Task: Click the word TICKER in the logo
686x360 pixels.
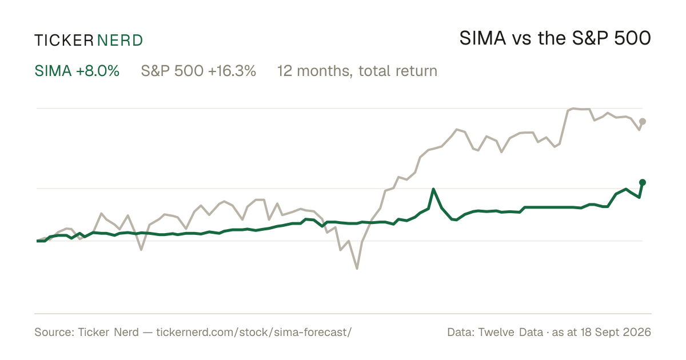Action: click(x=64, y=41)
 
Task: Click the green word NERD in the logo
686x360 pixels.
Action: click(x=120, y=41)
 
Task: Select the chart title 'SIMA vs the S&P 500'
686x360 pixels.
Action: click(x=555, y=38)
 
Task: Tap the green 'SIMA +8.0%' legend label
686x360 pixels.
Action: click(x=77, y=71)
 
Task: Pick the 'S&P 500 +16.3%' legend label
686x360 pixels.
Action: click(x=198, y=71)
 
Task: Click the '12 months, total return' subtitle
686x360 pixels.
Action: click(x=357, y=71)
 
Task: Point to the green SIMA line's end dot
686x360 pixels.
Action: click(x=643, y=182)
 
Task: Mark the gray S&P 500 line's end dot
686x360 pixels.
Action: click(x=643, y=122)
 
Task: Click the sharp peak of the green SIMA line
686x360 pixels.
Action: click(x=433, y=189)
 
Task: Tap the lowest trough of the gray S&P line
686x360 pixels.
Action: click(x=357, y=269)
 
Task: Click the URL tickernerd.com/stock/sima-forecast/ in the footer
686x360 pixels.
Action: click(x=254, y=332)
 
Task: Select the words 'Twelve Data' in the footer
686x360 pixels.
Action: click(x=510, y=332)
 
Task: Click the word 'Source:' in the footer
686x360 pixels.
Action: click(x=54, y=332)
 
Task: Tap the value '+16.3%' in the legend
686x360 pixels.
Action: click(x=232, y=71)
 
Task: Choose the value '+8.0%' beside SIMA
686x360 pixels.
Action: click(x=98, y=71)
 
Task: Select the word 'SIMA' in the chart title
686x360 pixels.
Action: click(x=482, y=38)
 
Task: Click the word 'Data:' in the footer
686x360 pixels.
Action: click(x=461, y=332)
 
